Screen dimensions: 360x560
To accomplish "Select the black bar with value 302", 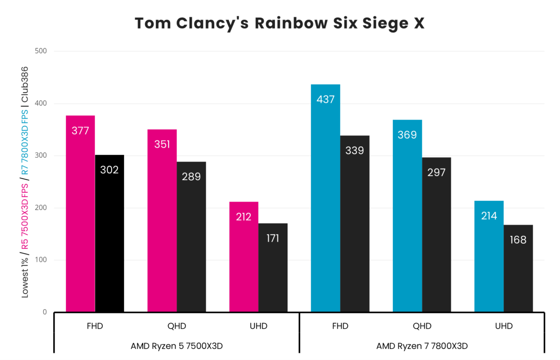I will pyautogui.click(x=110, y=233).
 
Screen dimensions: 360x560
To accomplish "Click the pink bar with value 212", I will pyautogui.click(x=244, y=257).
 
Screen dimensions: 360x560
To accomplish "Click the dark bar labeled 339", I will pyautogui.click(x=355, y=224).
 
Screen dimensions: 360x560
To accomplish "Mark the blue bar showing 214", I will pyautogui.click(x=489, y=256).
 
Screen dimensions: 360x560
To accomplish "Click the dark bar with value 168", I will pyautogui.click(x=518, y=268).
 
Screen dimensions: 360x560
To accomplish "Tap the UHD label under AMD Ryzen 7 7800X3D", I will pyautogui.click(x=504, y=326).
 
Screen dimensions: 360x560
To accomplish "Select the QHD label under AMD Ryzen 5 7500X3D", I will pyautogui.click(x=176, y=326).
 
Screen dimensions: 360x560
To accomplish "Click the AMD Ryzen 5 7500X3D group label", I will pyautogui.click(x=176, y=346).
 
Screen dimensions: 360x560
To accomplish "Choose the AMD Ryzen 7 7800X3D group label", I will pyautogui.click(x=422, y=346).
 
